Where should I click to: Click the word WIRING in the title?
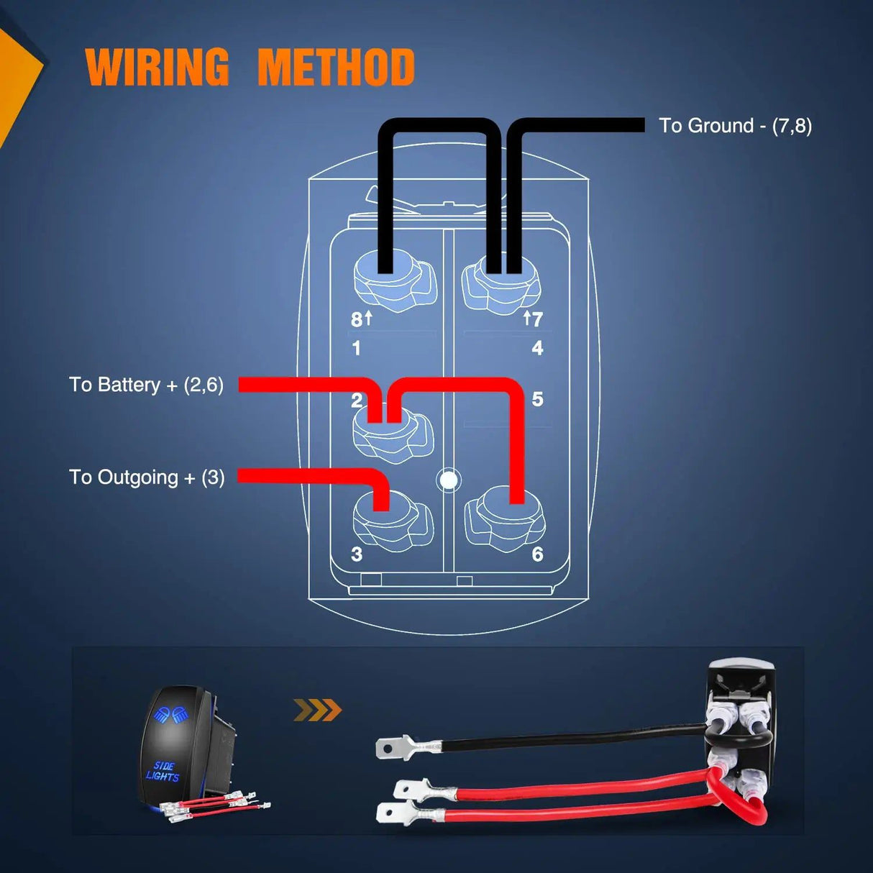click(157, 68)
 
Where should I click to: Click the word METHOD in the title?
click(336, 68)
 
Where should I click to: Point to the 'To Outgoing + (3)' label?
click(147, 477)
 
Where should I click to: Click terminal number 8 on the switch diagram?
click(357, 320)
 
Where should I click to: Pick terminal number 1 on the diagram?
click(356, 349)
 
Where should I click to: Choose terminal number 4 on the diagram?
click(537, 349)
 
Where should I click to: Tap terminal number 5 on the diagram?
click(537, 400)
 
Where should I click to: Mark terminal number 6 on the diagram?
click(537, 554)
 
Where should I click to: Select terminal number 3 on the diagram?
click(357, 554)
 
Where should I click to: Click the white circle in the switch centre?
click(449, 480)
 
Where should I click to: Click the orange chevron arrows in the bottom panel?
click(317, 710)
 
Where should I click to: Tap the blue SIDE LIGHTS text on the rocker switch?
click(163, 771)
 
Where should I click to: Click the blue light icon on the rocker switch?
click(170, 715)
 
